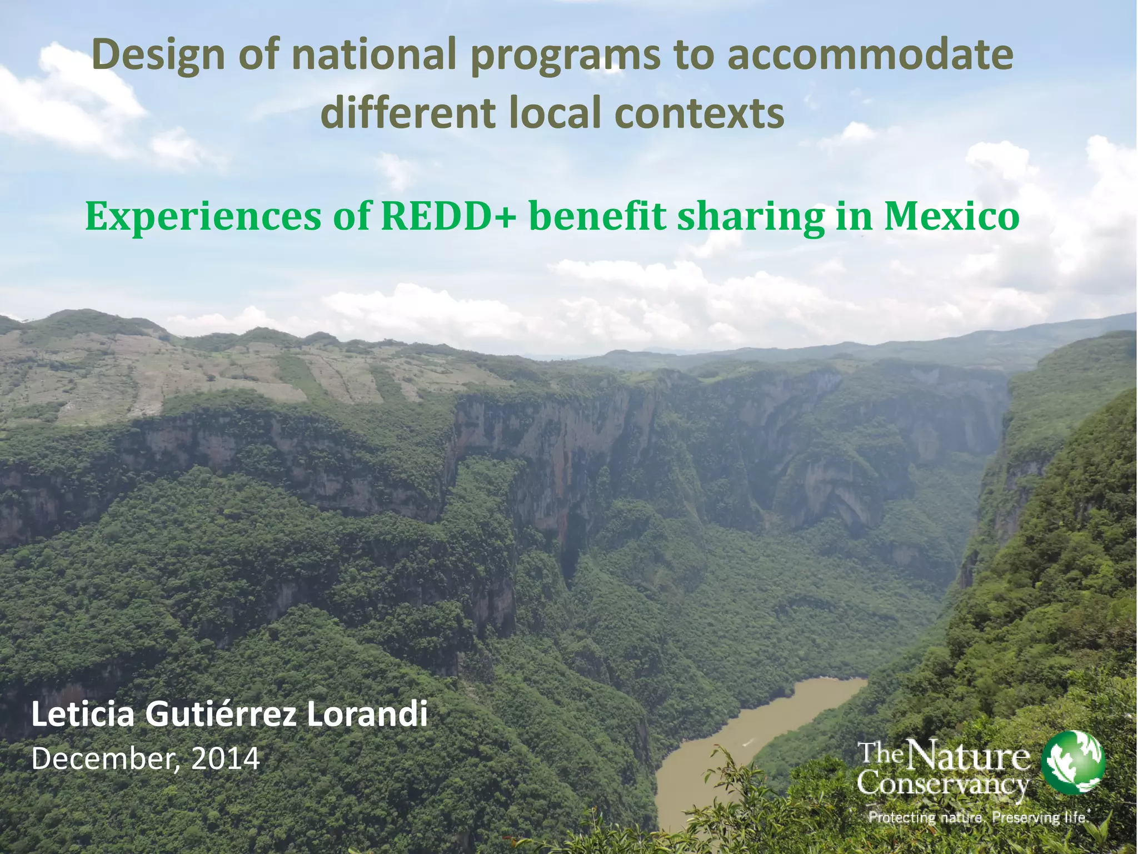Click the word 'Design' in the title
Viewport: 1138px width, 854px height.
pyautogui.click(x=159, y=56)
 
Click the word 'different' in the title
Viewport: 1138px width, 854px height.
pyautogui.click(x=408, y=113)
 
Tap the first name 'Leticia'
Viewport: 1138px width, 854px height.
pyautogui.click(x=83, y=715)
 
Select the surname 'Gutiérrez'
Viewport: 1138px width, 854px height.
pyautogui.click(x=221, y=715)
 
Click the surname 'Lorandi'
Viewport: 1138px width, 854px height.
pyautogui.click(x=367, y=715)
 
